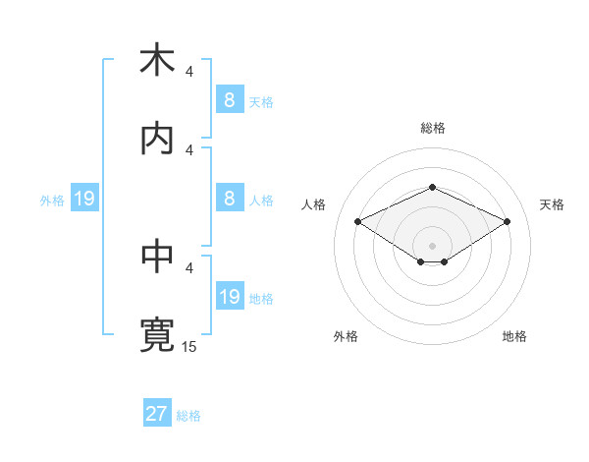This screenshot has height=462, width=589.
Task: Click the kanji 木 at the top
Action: pos(156,60)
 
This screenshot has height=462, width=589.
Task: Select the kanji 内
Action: pos(156,139)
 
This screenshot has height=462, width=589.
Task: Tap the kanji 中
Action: pos(156,257)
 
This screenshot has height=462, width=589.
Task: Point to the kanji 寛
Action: pos(156,335)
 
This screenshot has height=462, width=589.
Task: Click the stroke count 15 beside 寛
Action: pos(189,346)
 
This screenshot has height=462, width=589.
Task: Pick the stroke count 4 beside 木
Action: pos(189,71)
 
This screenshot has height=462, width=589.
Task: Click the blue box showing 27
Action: pos(156,414)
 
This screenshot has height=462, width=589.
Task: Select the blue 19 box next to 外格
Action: pos(83,200)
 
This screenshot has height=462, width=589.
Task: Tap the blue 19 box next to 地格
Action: pos(229,297)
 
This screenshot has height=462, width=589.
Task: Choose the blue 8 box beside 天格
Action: pos(229,100)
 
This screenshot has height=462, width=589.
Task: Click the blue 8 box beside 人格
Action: pos(229,199)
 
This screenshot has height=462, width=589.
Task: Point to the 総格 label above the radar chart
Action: pos(432,128)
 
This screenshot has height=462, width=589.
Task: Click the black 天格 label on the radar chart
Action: pos(552,204)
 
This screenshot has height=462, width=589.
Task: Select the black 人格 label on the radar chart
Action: pos(313,204)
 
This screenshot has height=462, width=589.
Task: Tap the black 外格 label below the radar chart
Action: pos(346,336)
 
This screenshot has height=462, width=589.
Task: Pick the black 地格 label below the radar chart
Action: pos(514,336)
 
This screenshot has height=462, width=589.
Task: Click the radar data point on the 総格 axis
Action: pos(432,187)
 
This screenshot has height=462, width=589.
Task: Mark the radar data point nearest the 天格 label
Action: pos(507,221)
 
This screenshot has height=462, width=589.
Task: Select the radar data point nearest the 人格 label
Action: pos(357,221)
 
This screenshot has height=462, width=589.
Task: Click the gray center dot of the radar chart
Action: pos(432,245)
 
